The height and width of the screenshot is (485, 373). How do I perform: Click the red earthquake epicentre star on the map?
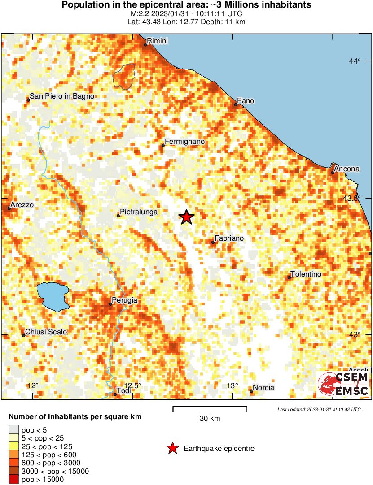pyautogui.click(x=187, y=217)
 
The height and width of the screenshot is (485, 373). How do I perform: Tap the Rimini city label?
pyautogui.click(x=157, y=41)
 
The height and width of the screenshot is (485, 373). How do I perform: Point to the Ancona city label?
pyautogui.click(x=347, y=169)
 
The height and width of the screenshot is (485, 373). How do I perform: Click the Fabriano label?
pyautogui.click(x=229, y=238)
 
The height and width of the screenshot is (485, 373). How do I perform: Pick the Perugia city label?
pyautogui.click(x=124, y=300)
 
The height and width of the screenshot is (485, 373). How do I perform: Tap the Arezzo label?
pyautogui.click(x=22, y=204)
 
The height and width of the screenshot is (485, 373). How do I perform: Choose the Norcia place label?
pyautogui.click(x=263, y=388)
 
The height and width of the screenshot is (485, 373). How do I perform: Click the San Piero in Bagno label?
pyautogui.click(x=62, y=96)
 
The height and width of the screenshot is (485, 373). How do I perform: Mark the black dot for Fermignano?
pyautogui.click(x=163, y=145)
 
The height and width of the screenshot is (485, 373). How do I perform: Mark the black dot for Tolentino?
pyautogui.click(x=289, y=278)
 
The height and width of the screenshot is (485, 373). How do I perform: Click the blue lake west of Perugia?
pyautogui.click(x=53, y=296)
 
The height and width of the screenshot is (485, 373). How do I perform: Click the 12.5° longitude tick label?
pyautogui.click(x=132, y=385)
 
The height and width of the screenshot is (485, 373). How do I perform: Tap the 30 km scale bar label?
pyautogui.click(x=210, y=419)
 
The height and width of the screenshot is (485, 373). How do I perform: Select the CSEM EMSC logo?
pyautogui.click(x=343, y=385)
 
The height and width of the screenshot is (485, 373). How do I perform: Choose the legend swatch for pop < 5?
pyautogui.click(x=14, y=430)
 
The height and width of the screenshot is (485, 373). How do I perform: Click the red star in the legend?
pyautogui.click(x=172, y=448)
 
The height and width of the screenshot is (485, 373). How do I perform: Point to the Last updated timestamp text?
pyautogui.click(x=319, y=409)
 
